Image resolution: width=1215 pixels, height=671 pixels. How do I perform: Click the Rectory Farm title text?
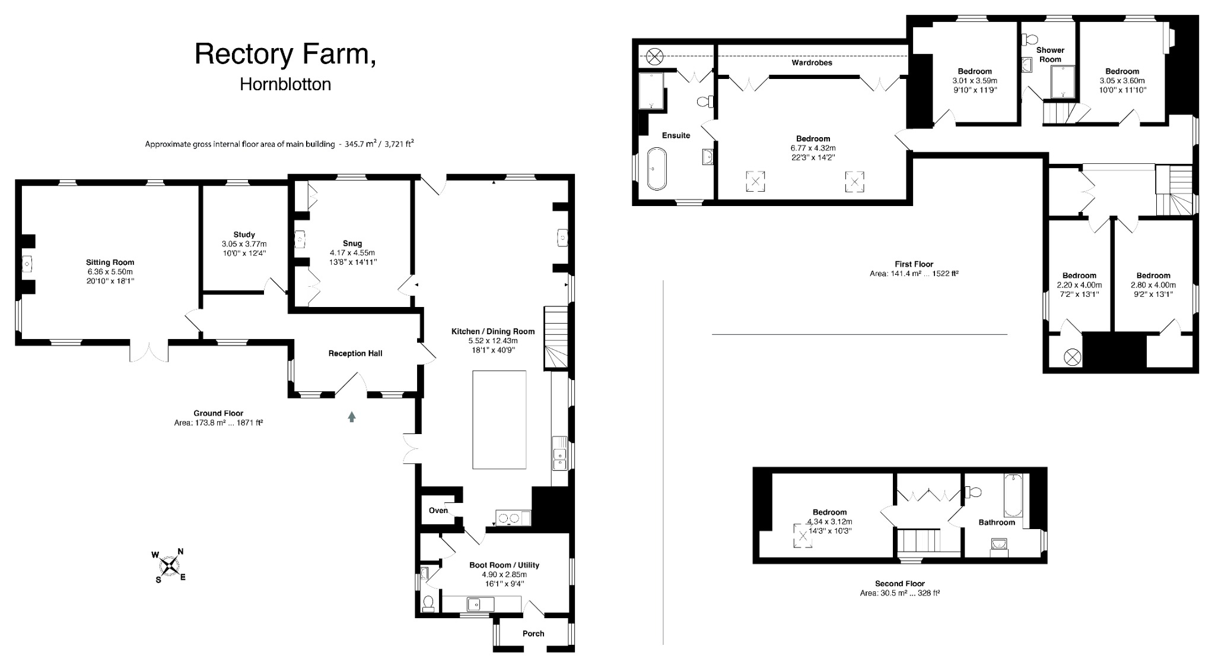click(x=285, y=53)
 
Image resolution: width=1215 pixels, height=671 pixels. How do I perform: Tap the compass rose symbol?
click(x=170, y=565)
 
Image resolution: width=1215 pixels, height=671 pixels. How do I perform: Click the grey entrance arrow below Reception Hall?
click(x=352, y=417)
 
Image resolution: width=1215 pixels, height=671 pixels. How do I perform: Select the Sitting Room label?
click(x=110, y=262)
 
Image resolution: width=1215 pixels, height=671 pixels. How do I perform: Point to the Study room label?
click(x=244, y=235)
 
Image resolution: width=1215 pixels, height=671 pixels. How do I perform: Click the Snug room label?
click(x=352, y=243)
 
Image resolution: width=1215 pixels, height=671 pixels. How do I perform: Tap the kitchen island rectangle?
click(x=499, y=419)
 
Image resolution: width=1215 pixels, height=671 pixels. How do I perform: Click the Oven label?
click(x=438, y=511)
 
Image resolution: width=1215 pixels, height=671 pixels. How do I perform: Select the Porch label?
click(x=533, y=634)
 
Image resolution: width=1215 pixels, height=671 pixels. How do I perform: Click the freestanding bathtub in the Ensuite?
click(x=656, y=169)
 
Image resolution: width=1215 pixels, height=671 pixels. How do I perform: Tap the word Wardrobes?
click(x=812, y=62)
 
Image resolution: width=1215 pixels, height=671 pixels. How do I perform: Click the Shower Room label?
click(x=1050, y=55)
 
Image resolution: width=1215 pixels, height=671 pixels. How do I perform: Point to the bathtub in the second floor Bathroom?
click(x=1013, y=495)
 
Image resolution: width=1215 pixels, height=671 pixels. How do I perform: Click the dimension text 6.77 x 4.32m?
click(x=813, y=148)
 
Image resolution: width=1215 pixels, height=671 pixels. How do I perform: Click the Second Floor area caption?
click(x=899, y=588)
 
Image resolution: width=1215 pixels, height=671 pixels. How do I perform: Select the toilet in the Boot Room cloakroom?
click(x=428, y=604)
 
